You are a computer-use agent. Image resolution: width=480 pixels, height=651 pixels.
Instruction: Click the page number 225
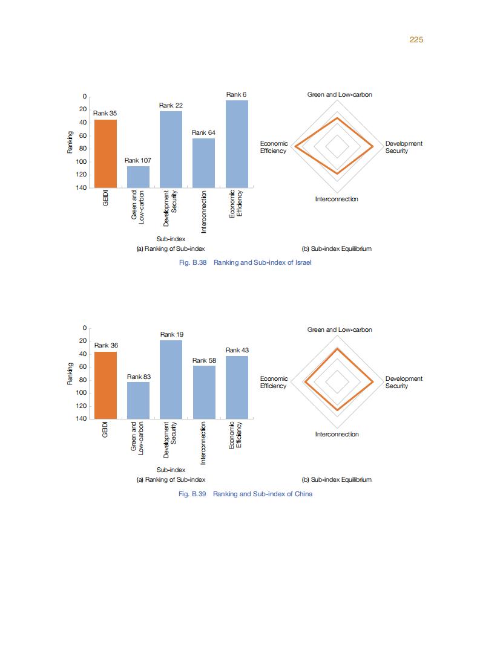point(415,39)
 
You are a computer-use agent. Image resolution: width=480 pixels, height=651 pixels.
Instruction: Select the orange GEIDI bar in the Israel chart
point(105,154)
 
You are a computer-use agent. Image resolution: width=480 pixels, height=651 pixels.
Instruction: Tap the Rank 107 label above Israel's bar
point(138,160)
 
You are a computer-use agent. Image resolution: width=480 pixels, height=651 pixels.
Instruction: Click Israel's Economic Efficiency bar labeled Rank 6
point(237,144)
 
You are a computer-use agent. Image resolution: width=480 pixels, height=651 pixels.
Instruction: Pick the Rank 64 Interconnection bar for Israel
point(203,163)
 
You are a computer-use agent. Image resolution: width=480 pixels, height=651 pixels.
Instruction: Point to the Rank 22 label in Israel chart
point(171,105)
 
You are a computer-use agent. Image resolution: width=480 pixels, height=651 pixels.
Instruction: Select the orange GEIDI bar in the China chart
point(105,385)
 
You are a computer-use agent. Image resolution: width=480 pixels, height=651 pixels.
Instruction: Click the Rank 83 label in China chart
point(139,377)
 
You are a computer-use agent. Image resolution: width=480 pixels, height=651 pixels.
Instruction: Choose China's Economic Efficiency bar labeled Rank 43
point(237,387)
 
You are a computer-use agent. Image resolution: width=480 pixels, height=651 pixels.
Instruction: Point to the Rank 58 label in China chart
point(204,360)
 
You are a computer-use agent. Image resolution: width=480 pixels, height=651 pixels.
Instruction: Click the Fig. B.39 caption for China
point(245,494)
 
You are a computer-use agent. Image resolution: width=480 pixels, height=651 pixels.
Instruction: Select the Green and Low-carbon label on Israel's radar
point(340,95)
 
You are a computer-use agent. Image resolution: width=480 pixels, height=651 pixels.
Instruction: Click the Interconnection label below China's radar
point(337,434)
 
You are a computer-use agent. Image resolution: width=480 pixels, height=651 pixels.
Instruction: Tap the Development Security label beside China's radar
point(404,382)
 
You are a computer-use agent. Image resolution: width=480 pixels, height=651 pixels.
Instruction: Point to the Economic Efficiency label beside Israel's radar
point(274,147)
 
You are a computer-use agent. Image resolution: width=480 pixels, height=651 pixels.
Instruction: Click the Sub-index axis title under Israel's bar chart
point(171,239)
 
